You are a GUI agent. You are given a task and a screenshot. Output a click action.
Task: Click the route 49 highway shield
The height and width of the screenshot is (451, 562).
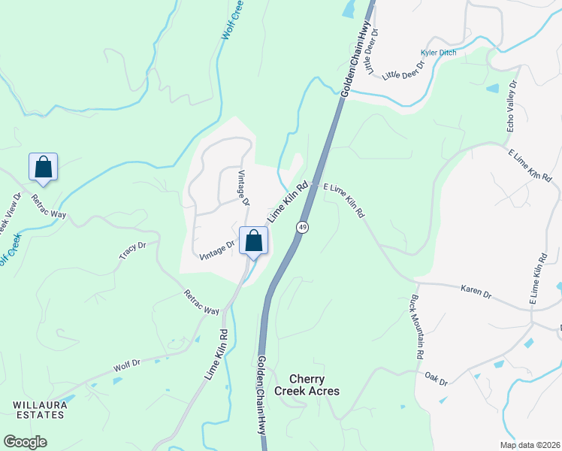(x=302, y=226)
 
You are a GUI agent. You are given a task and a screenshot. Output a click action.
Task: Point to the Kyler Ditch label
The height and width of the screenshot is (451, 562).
(x=439, y=53)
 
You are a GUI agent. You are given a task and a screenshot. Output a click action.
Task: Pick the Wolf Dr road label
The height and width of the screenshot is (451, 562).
(x=127, y=367)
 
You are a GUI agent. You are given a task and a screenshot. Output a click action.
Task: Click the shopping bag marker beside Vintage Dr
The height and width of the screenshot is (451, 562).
(x=254, y=241)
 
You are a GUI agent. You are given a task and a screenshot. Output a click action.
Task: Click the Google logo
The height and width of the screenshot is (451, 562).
(x=25, y=442)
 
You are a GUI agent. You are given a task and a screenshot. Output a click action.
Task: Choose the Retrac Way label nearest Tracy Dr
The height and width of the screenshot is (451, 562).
(x=201, y=301)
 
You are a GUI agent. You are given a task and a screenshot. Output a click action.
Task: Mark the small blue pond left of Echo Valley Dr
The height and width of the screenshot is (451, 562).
(x=492, y=88)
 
